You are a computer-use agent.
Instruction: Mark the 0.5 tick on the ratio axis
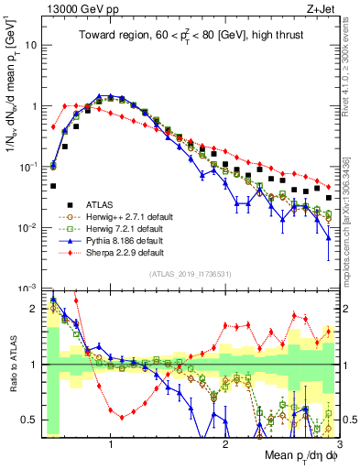click(28, 420)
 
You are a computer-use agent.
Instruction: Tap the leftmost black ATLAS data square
click(53, 186)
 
